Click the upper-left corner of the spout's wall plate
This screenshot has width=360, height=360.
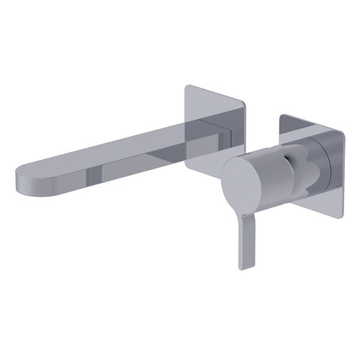tap(188, 87)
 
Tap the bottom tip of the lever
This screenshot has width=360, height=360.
tap(240, 265)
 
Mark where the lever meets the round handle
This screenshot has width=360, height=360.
tap(243, 212)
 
